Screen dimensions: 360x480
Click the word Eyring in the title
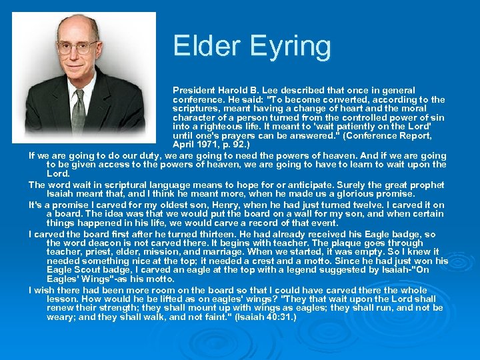(291, 46)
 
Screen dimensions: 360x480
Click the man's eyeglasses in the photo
(77, 47)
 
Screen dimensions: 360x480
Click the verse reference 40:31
(279, 317)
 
